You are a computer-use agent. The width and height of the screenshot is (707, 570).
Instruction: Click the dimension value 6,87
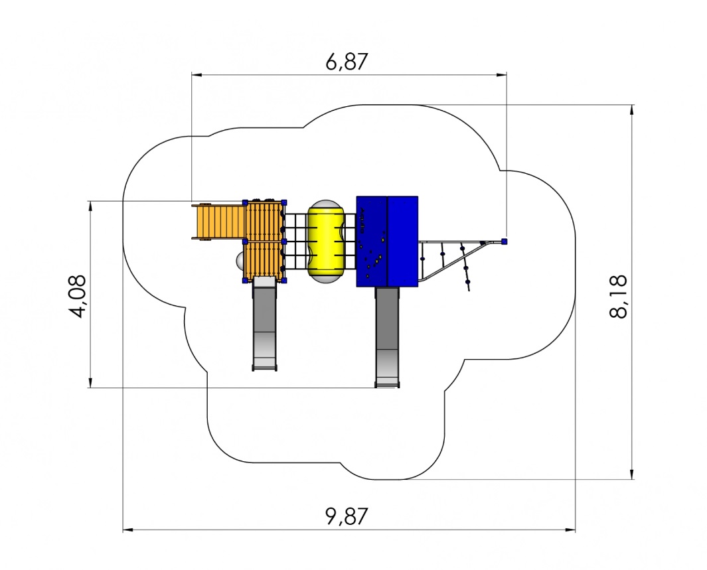point(347,62)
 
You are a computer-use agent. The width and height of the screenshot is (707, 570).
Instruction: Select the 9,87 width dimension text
point(347,516)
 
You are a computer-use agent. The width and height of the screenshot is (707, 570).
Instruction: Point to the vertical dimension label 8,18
point(618,296)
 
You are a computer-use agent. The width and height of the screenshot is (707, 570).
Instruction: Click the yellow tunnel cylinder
point(326,242)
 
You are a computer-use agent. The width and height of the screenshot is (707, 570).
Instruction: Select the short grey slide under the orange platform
point(264,324)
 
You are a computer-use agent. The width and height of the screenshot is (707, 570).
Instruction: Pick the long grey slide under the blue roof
point(387,337)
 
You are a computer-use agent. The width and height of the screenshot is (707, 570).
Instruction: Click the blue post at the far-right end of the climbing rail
point(505,242)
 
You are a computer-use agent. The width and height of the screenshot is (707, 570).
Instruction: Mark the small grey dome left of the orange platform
point(240,260)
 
